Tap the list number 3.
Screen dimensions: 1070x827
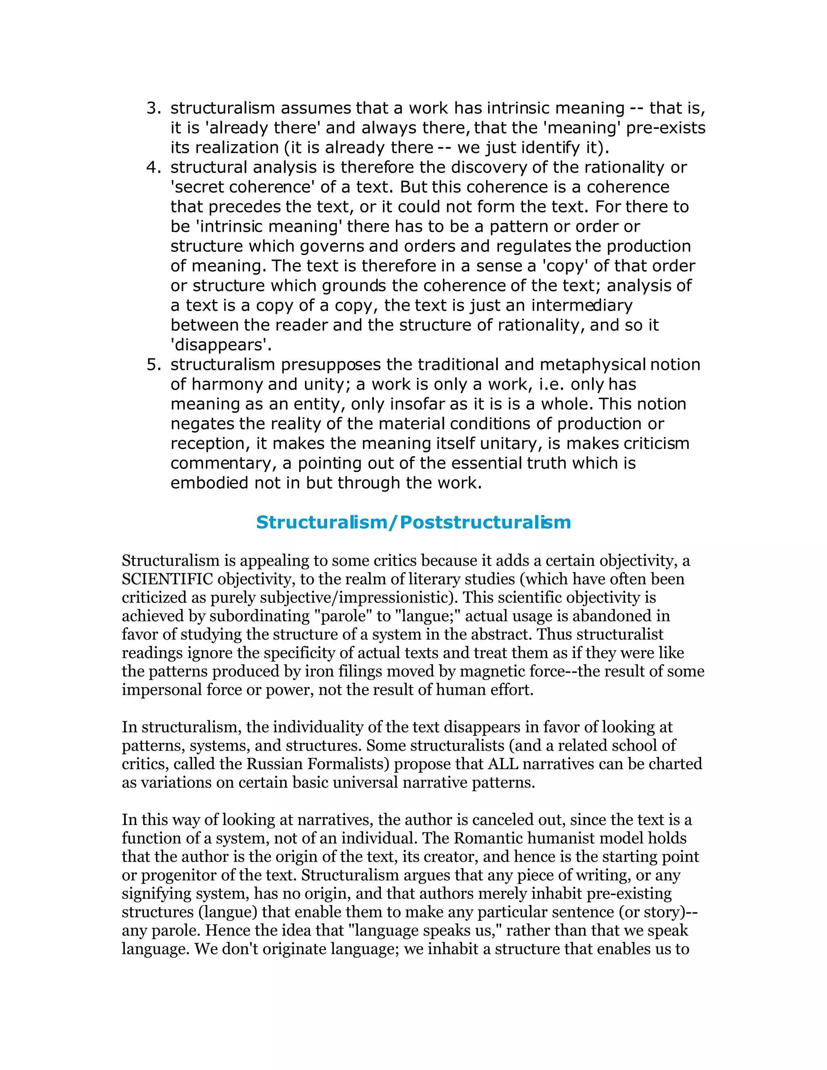click(153, 108)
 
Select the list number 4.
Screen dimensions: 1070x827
click(153, 168)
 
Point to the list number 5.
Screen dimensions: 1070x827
click(153, 365)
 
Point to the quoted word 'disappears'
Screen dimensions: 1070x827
click(220, 345)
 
